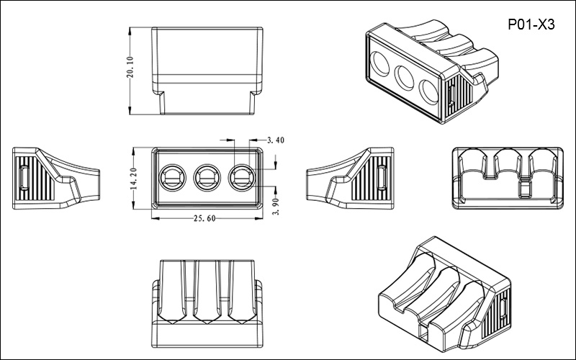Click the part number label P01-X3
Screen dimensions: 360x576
[x=531, y=23]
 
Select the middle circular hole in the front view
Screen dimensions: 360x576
[x=206, y=176]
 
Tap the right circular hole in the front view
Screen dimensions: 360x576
[x=240, y=176]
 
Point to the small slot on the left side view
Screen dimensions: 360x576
[x=24, y=176]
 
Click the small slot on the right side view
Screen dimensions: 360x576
[x=382, y=176]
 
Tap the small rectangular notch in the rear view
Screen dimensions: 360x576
[x=526, y=189]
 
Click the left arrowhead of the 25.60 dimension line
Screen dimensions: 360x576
[x=153, y=217]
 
